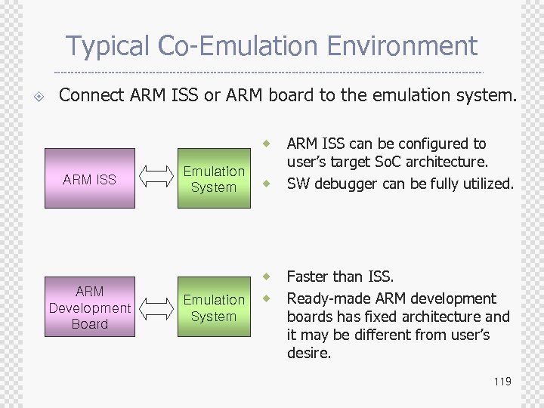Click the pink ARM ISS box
90,179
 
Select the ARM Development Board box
90,308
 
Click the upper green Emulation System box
214,179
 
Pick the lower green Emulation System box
214,308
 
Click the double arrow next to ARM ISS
156,180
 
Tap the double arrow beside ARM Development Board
156,308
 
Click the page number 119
502,382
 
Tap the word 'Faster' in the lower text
308,277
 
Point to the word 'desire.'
309,353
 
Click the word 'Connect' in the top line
90,95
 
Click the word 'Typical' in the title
109,46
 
